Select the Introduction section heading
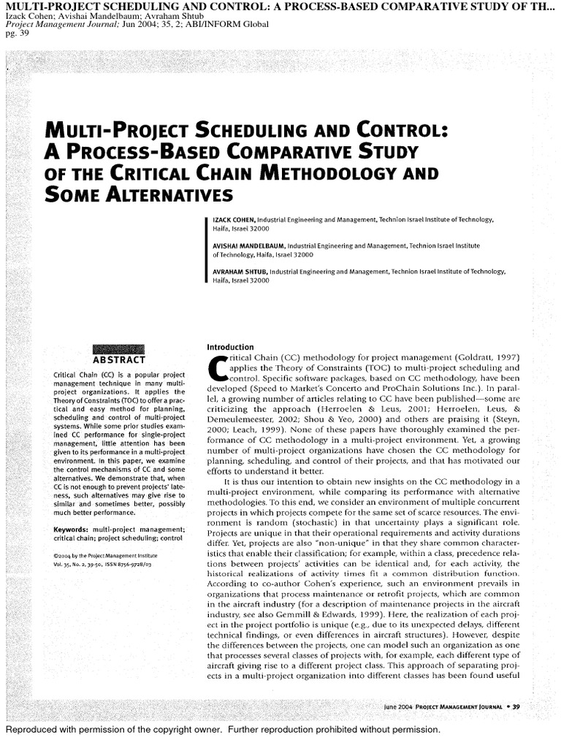tap(230, 346)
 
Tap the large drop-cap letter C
tap(217, 369)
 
